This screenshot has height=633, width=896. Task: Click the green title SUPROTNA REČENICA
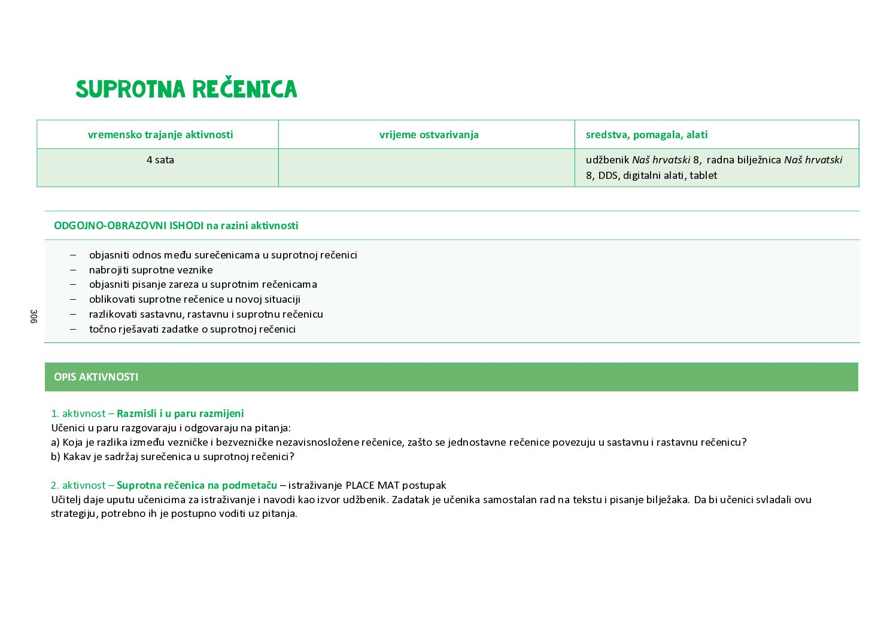click(186, 89)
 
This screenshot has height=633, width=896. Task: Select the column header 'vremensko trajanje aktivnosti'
click(160, 135)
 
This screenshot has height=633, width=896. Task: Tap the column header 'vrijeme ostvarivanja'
click(429, 135)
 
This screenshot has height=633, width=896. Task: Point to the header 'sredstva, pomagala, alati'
click(646, 135)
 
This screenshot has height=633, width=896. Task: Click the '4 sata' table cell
click(160, 160)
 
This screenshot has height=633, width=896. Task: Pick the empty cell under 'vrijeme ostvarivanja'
click(426, 168)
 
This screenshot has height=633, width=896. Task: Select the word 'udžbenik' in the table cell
click(608, 160)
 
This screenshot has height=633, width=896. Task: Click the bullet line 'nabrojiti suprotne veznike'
click(151, 270)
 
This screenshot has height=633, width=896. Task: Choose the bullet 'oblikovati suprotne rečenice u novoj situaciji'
click(195, 299)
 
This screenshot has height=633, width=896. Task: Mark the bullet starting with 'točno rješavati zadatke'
click(192, 329)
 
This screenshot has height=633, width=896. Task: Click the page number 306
click(34, 316)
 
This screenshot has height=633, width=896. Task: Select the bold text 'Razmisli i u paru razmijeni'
click(180, 413)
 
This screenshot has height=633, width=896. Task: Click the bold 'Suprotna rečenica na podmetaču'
click(197, 485)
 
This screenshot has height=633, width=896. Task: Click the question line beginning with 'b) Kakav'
click(172, 457)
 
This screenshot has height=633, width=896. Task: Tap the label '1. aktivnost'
click(78, 413)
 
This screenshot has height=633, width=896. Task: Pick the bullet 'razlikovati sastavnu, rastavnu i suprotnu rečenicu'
click(206, 314)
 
